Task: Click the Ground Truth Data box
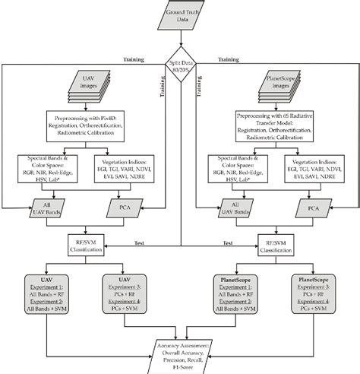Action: (181, 17)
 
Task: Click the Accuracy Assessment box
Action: (181, 347)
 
